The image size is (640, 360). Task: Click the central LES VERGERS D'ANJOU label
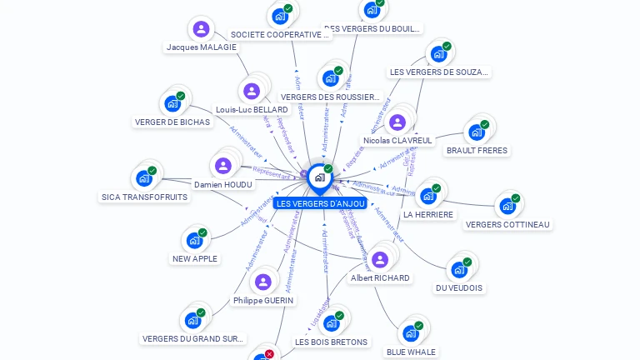(321, 203)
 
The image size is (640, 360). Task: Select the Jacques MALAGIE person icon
(200, 29)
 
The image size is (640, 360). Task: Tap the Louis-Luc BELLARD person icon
(251, 91)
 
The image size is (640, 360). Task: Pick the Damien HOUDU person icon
(222, 165)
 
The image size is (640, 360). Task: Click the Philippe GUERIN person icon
(263, 282)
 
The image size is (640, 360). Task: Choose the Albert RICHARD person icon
(379, 259)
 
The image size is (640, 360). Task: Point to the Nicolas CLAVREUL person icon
(397, 122)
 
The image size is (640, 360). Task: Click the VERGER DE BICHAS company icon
(172, 103)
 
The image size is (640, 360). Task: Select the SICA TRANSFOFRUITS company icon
(144, 178)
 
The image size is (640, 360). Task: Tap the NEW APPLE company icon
(194, 240)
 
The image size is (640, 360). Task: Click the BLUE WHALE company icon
(410, 333)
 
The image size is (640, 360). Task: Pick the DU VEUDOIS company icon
(458, 269)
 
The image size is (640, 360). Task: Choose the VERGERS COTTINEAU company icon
(507, 206)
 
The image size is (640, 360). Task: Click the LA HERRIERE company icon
(428, 196)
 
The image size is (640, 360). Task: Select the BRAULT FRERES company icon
(476, 132)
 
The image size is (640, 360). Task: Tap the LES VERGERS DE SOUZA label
(438, 72)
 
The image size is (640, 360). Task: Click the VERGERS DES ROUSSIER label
(330, 97)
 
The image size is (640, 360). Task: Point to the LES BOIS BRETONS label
(331, 342)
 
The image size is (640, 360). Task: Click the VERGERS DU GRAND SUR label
(193, 338)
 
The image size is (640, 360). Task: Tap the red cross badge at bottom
(269, 354)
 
